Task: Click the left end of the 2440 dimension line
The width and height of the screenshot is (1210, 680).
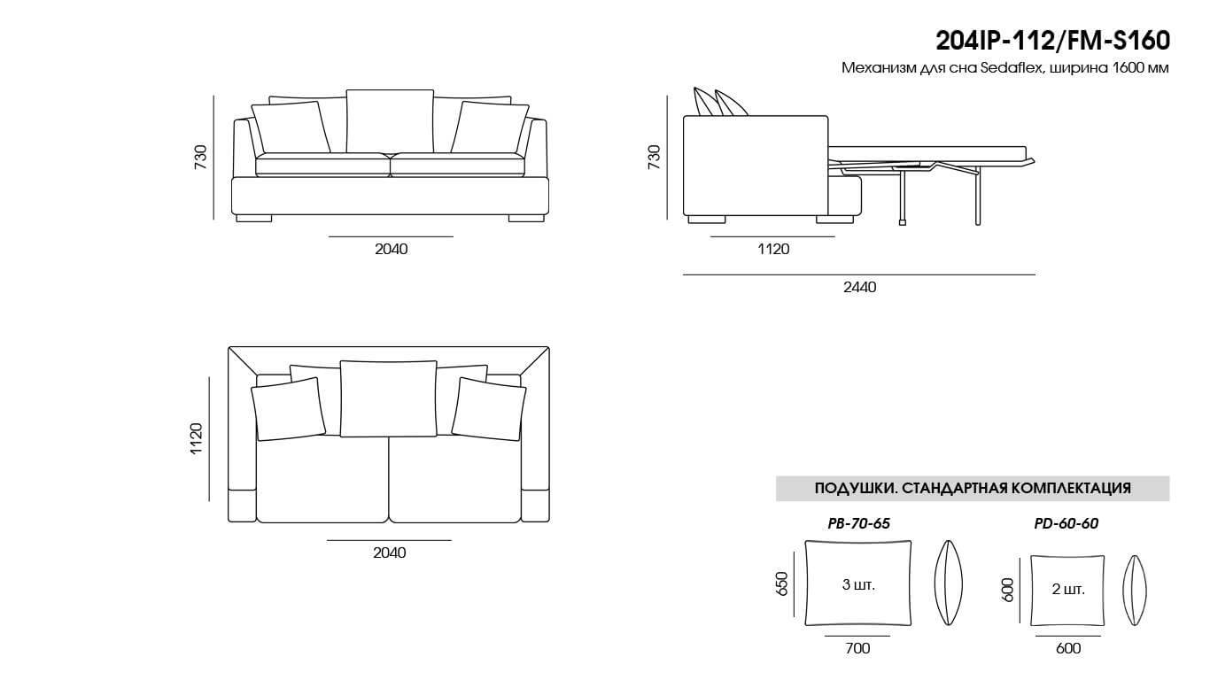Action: pos(683,274)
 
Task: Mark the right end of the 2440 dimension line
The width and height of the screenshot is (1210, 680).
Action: pos(1035,274)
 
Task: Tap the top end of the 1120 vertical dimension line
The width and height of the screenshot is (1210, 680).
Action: pos(209,377)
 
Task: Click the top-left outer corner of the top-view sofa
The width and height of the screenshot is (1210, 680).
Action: pos(229,347)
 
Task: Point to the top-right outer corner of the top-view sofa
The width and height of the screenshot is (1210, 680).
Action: pos(549,347)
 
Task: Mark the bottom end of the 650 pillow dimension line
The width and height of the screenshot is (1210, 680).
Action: pos(794,616)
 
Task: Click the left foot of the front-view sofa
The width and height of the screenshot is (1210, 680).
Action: pos(254,218)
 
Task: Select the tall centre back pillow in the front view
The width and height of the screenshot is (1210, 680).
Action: pos(390,121)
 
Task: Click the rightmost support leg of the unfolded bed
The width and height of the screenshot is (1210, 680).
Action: pos(977,198)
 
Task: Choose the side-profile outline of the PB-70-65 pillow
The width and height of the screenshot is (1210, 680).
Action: pos(949,583)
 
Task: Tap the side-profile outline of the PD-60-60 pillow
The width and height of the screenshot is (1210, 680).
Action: pos(1135,591)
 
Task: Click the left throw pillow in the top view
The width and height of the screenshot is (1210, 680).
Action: pos(289,409)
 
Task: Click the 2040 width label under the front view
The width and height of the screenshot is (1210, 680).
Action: pos(392,249)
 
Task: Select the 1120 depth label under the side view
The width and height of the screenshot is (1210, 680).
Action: pos(773,249)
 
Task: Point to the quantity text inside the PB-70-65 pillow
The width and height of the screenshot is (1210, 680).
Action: pos(858,584)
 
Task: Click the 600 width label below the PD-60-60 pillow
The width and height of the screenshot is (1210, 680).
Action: pos(1068,648)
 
